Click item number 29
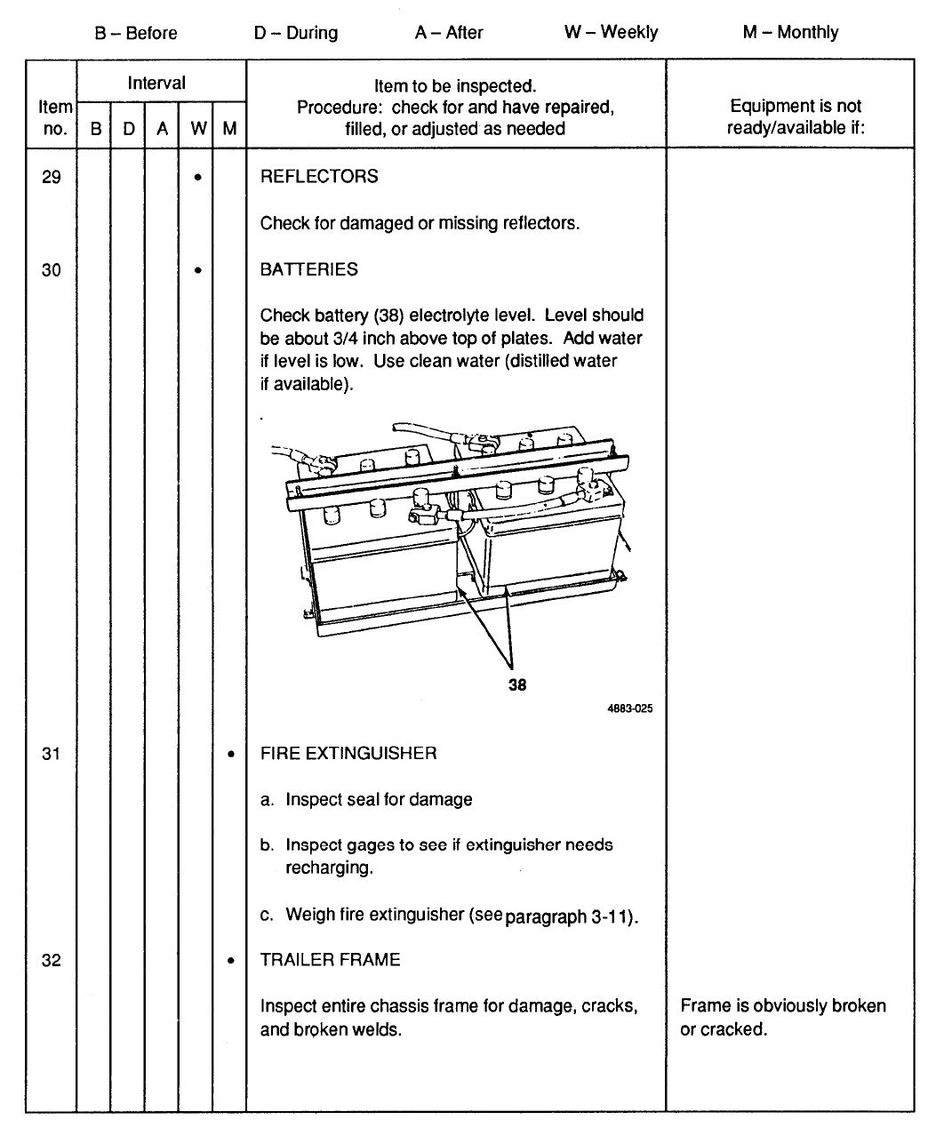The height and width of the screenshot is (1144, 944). pyautogui.click(x=52, y=177)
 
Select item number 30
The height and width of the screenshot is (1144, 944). pyautogui.click(x=52, y=270)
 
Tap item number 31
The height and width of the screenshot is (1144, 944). pyautogui.click(x=52, y=754)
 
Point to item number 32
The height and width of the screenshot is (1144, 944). pyautogui.click(x=52, y=960)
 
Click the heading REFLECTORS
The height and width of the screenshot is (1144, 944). pyautogui.click(x=319, y=177)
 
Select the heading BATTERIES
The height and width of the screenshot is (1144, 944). pyautogui.click(x=309, y=270)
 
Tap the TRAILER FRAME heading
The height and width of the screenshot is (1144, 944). pyautogui.click(x=331, y=960)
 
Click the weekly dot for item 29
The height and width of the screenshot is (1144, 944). pyautogui.click(x=197, y=178)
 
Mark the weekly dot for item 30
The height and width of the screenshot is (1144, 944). pyautogui.click(x=197, y=270)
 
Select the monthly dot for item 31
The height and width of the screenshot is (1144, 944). pyautogui.click(x=230, y=755)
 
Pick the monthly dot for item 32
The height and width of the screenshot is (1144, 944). pyautogui.click(x=230, y=961)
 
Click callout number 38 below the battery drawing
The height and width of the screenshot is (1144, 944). pyautogui.click(x=517, y=684)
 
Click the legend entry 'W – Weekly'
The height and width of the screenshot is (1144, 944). pyautogui.click(x=611, y=33)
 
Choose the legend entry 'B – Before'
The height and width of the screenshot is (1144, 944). pyautogui.click(x=136, y=34)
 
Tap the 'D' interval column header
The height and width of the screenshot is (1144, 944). pyautogui.click(x=129, y=129)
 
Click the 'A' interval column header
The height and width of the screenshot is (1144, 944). pyautogui.click(x=162, y=129)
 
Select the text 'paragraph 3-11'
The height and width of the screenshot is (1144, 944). pyautogui.click(x=569, y=916)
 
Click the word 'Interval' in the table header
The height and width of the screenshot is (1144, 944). pyautogui.click(x=156, y=84)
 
